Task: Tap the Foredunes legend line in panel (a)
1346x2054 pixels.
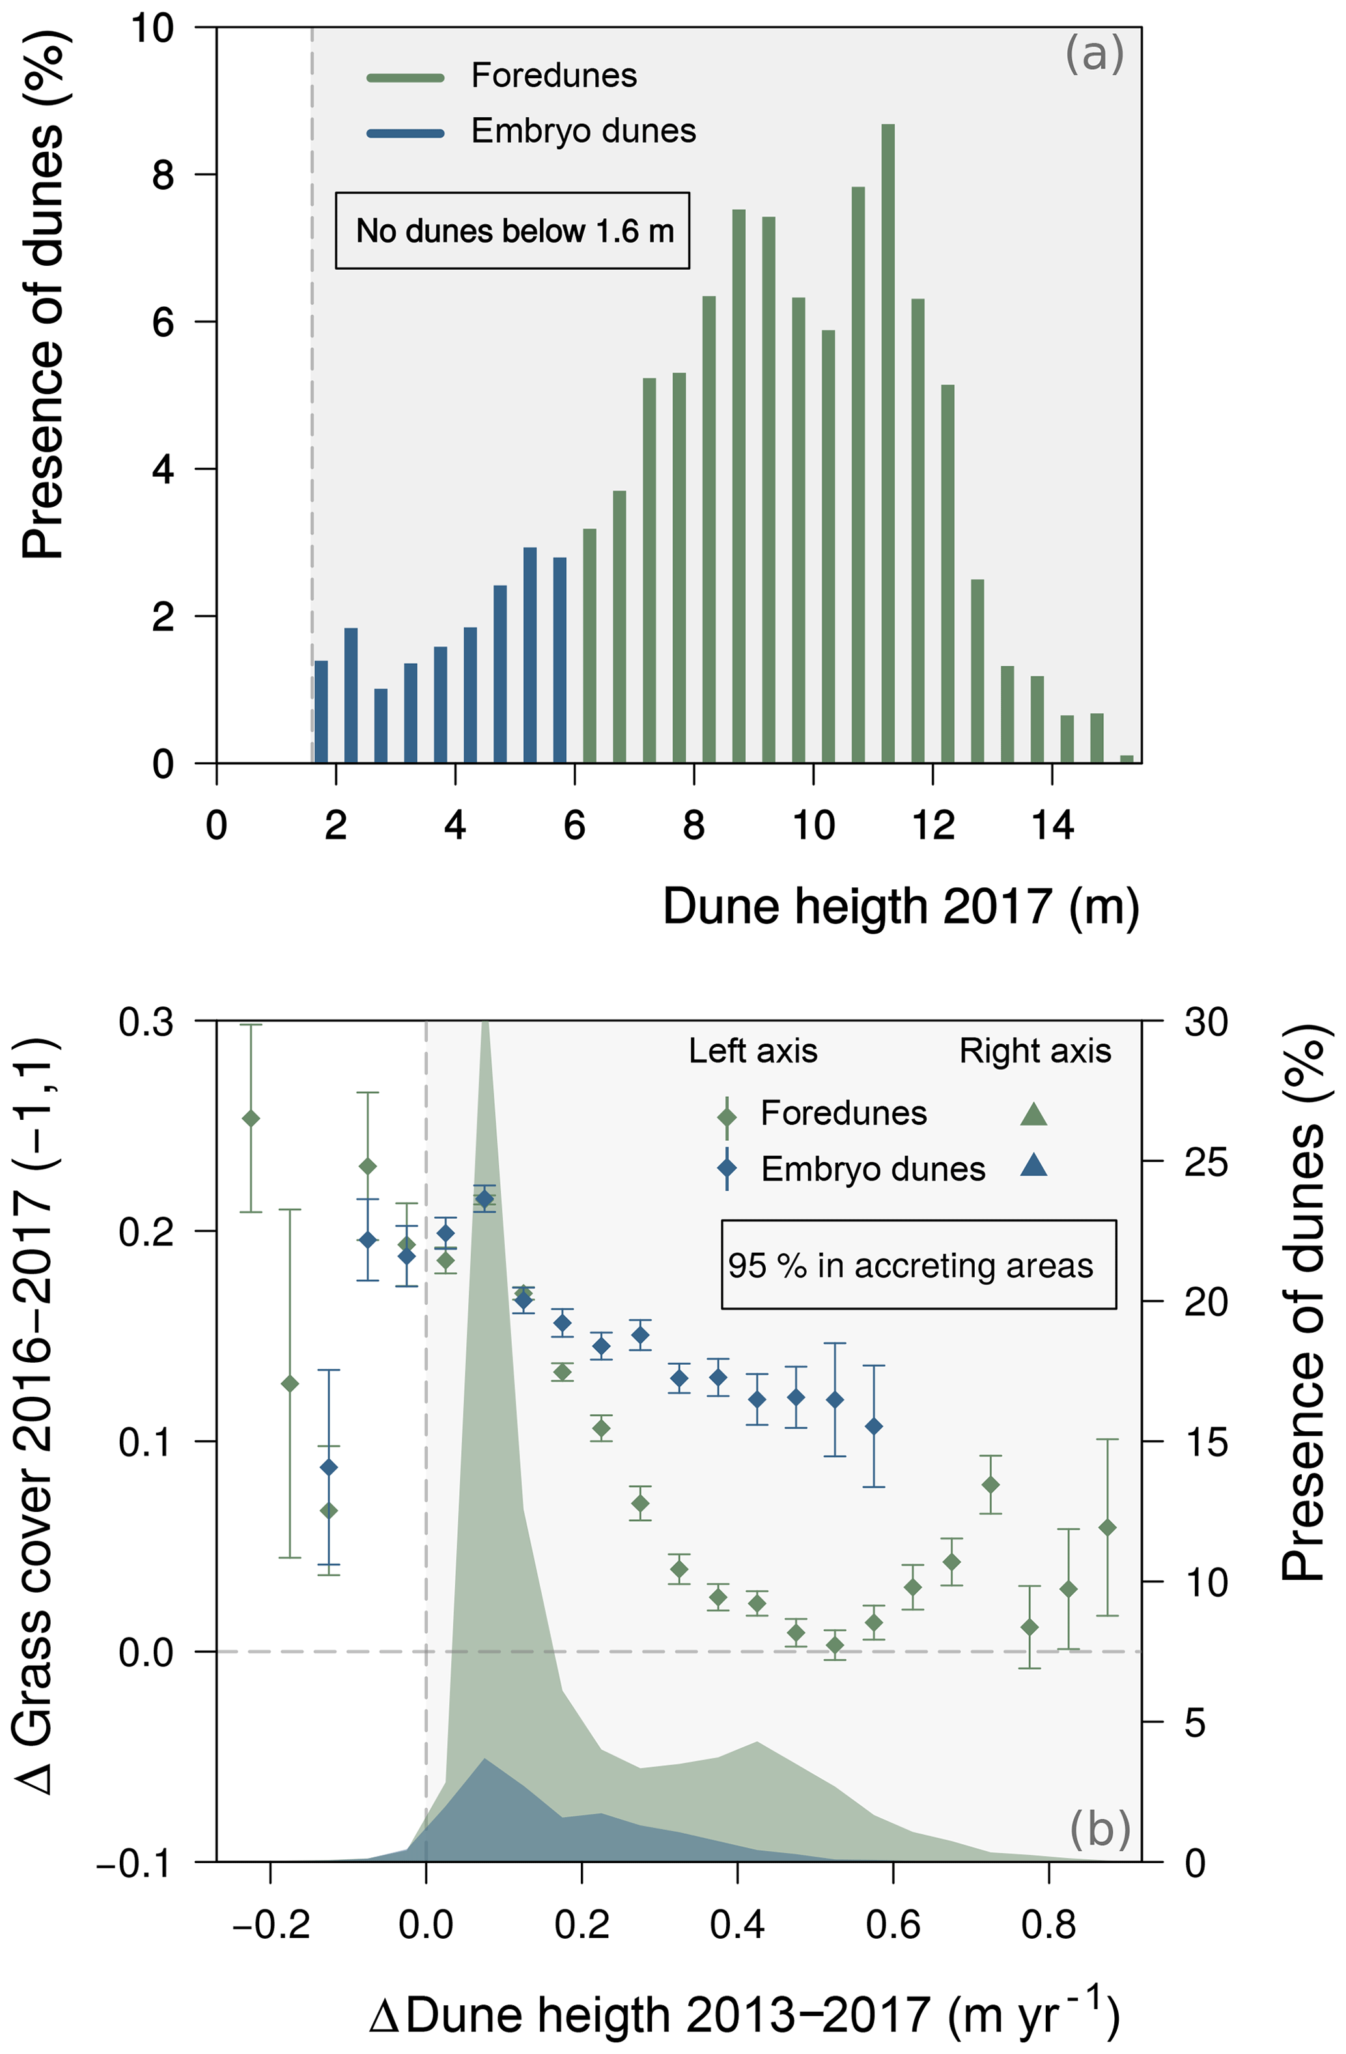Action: click(406, 78)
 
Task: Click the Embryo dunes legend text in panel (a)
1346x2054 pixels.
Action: click(583, 131)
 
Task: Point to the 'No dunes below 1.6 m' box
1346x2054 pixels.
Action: click(512, 231)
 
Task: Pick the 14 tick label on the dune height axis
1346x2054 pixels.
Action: click(1052, 826)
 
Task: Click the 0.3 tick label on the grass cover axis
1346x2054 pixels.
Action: click(147, 1022)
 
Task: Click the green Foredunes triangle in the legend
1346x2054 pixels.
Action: click(1033, 1114)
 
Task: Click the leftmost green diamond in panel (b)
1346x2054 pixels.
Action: click(251, 1119)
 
